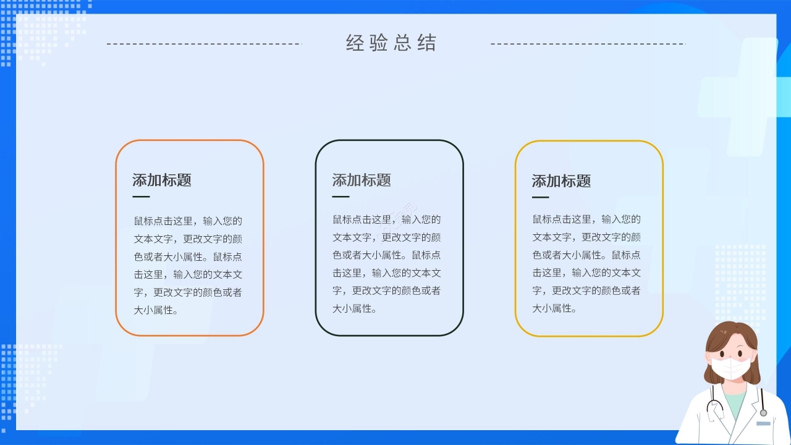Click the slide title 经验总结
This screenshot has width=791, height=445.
[391, 43]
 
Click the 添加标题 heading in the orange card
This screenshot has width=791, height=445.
[162, 180]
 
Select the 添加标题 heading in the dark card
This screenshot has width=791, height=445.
[362, 180]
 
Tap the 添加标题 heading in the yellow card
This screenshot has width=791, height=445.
[561, 181]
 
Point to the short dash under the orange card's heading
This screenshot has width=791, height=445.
[141, 197]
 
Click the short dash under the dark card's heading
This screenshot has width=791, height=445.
[341, 197]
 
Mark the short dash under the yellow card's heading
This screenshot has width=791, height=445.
[540, 198]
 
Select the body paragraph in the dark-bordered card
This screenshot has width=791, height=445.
[387, 264]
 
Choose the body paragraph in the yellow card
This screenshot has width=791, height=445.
[586, 264]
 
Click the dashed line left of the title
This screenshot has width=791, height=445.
[204, 44]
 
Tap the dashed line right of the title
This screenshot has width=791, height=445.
[588, 44]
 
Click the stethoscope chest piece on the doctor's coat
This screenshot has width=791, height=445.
[763, 412]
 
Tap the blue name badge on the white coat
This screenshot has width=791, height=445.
[763, 423]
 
